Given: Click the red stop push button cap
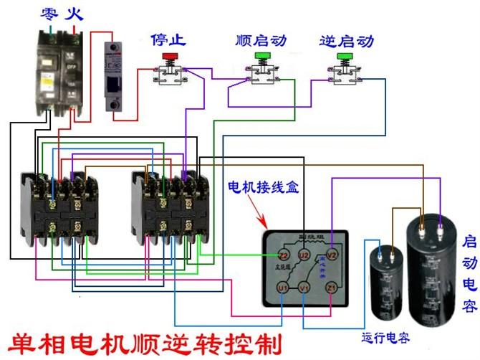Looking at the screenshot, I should click(x=170, y=55).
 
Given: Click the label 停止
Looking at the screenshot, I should click(x=170, y=39).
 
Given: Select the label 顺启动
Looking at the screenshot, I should click(x=261, y=39).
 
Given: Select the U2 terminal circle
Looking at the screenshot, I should click(x=304, y=254).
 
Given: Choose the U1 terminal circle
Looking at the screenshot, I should click(x=282, y=288).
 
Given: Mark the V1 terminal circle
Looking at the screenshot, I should click(x=304, y=288).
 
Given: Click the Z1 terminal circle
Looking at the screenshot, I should click(x=331, y=288).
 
